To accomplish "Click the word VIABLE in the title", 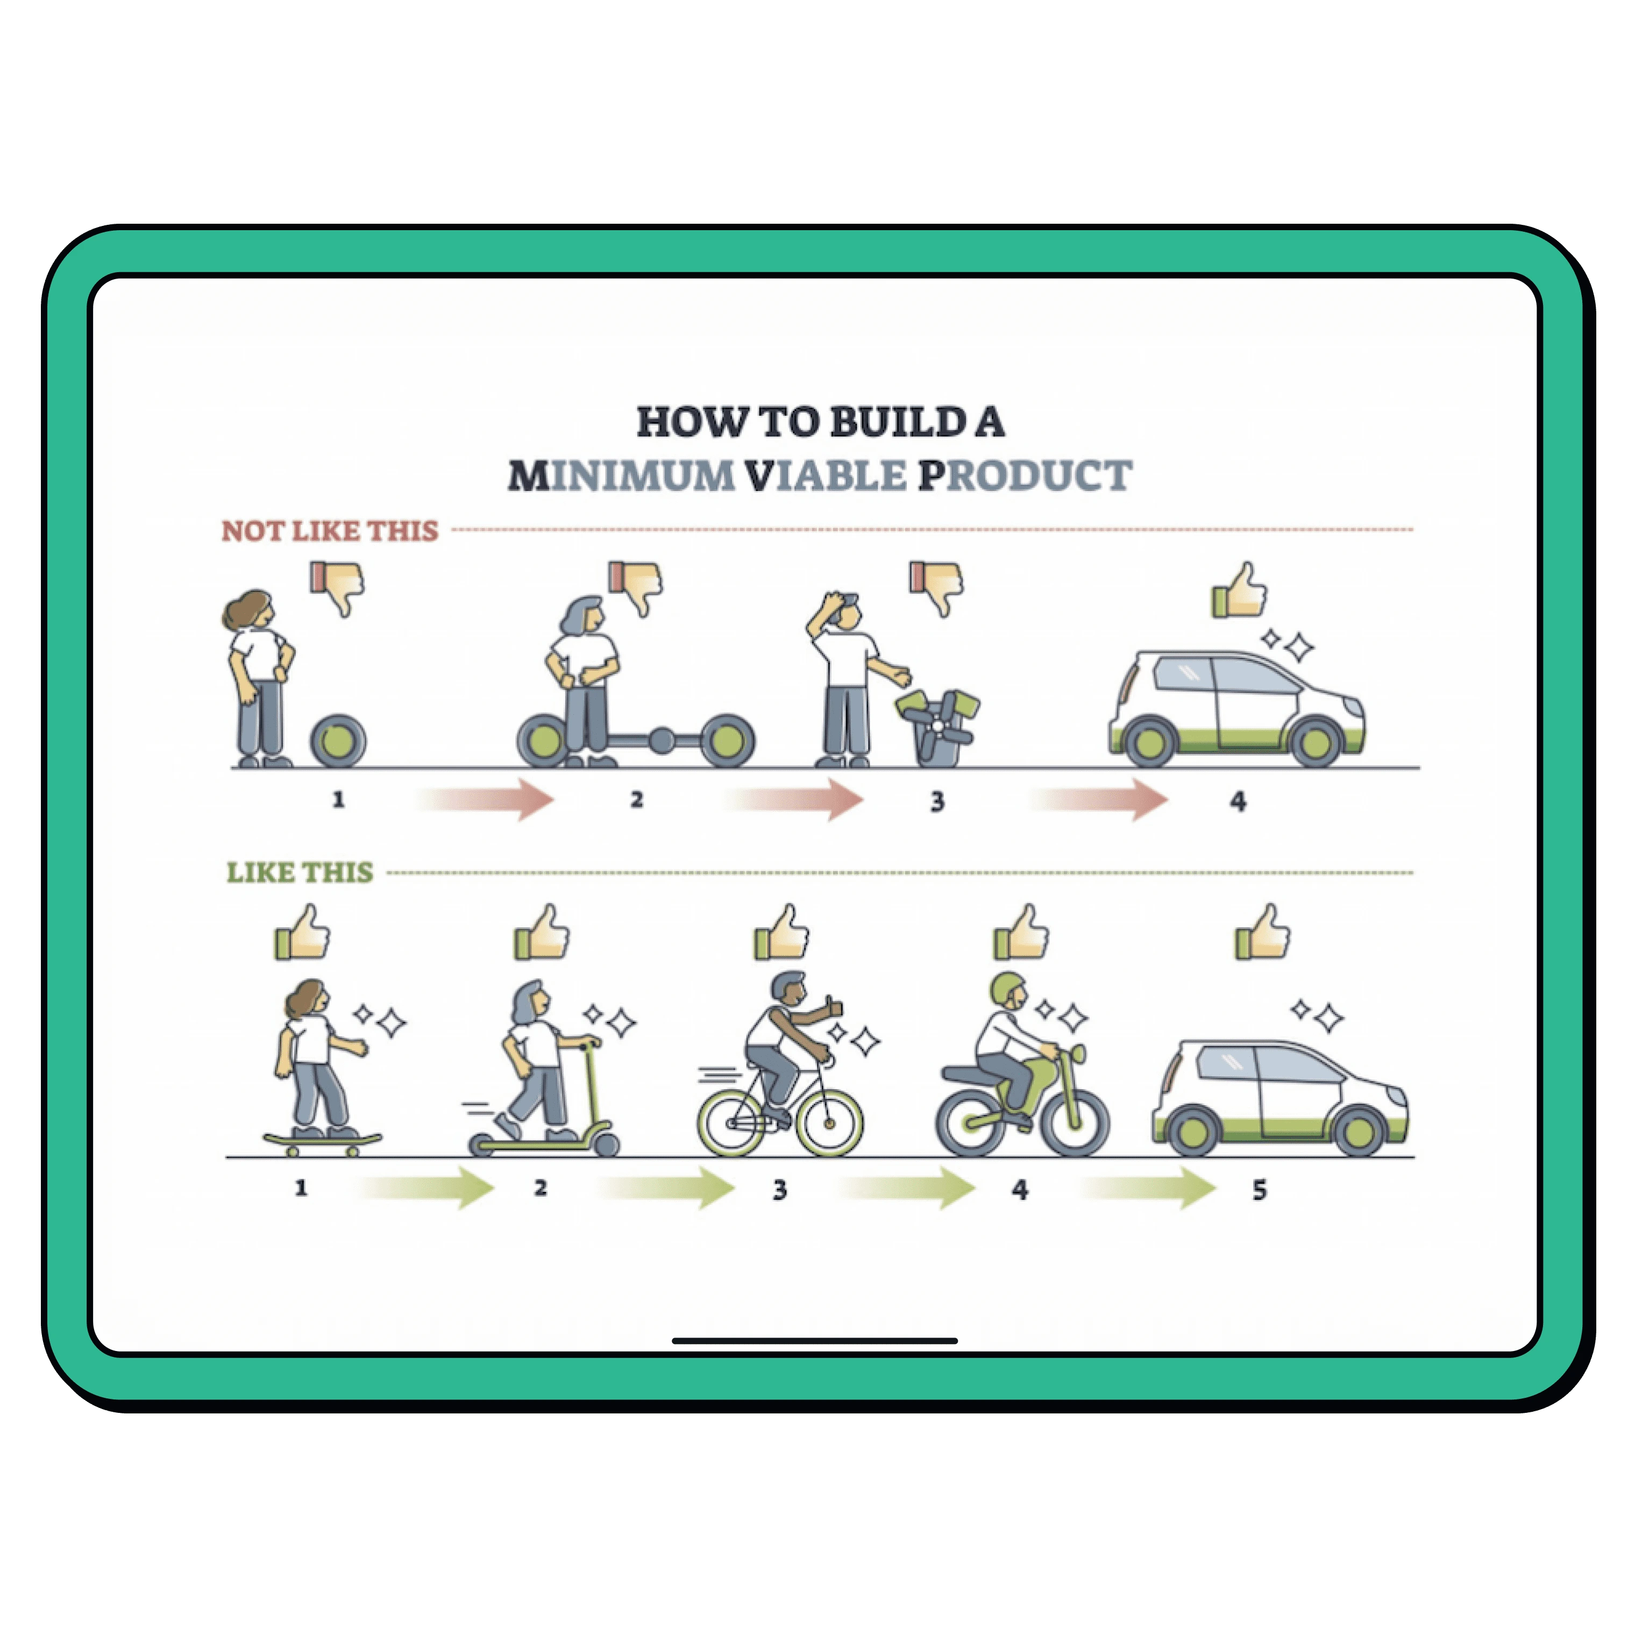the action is pos(826,475).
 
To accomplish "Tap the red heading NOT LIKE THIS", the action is pos(330,531).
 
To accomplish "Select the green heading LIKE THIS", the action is pos(300,872).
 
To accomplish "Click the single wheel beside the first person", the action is pos(338,741).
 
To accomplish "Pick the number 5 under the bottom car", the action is pos(1259,1190).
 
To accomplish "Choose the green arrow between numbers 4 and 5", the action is pos(1149,1188).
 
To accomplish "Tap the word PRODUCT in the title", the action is pos(1026,475).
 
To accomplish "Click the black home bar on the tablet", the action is pos(815,1340).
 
